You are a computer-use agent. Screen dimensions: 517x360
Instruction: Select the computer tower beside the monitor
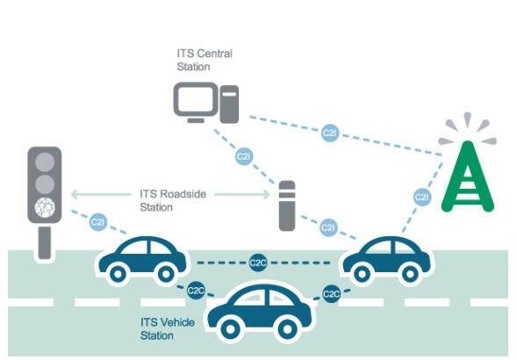click(229, 104)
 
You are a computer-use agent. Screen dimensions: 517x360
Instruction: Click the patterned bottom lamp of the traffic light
click(45, 207)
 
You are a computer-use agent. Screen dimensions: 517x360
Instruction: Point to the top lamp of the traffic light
click(45, 162)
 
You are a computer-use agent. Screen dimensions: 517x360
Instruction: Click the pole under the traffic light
click(45, 242)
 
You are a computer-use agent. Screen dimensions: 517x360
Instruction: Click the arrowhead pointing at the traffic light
click(75, 194)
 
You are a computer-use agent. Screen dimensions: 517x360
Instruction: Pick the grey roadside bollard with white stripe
click(287, 205)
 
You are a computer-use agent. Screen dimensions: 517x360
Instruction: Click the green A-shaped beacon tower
click(468, 176)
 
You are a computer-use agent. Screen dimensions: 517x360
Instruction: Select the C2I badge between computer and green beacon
click(330, 133)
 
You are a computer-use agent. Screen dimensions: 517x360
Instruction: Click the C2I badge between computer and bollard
click(244, 156)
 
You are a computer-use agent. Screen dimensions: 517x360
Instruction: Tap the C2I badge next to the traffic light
click(98, 222)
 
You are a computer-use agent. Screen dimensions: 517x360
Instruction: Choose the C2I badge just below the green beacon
click(422, 197)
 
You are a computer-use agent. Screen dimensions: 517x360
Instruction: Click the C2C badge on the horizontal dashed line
click(258, 263)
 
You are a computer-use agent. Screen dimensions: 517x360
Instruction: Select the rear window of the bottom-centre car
click(249, 299)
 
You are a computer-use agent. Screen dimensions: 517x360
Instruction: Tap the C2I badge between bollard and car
click(328, 227)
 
